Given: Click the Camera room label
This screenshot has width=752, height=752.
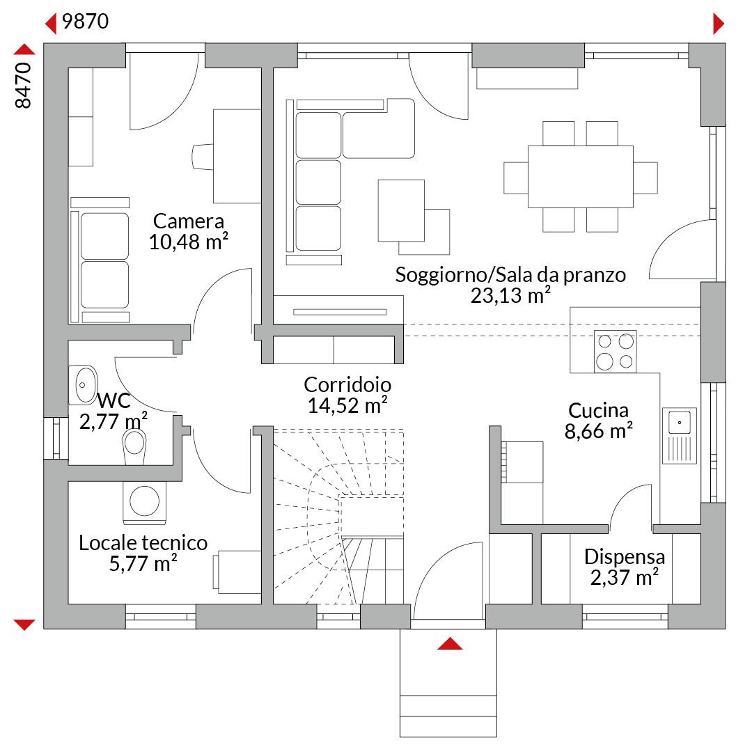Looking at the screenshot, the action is (189, 221).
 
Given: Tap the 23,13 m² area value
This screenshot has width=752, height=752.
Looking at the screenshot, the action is (510, 295).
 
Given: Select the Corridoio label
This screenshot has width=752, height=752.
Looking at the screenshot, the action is (347, 384).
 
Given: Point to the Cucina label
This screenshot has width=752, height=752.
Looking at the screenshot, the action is (598, 411).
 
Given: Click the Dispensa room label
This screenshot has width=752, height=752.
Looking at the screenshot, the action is (625, 557).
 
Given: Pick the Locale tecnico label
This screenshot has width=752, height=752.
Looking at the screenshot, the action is (143, 543).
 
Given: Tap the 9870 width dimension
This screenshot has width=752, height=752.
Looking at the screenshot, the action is (86, 22).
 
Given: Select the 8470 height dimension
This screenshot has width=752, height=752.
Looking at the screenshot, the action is (23, 86).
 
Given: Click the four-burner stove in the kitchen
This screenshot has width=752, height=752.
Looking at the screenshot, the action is (616, 352).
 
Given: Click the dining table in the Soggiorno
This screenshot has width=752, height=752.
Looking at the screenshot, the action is (580, 176).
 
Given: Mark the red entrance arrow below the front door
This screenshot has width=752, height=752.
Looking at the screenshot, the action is (450, 643).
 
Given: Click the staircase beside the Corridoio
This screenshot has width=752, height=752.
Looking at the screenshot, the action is (338, 516).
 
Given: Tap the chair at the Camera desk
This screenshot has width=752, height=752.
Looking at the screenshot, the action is (203, 157).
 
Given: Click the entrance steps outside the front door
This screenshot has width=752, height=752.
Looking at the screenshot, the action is (448, 683).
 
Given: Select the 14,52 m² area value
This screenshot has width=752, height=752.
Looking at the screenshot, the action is (347, 406).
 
